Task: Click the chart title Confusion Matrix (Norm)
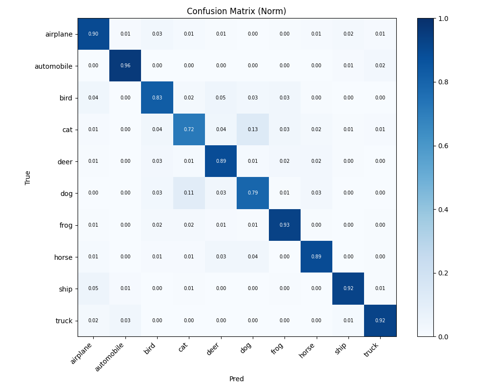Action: click(x=236, y=11)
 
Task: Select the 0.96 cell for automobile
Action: click(x=125, y=66)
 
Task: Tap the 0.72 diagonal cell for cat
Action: click(x=189, y=129)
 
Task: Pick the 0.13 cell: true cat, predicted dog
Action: click(x=253, y=129)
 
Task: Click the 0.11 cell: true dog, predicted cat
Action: click(x=189, y=193)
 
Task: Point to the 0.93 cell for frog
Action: click(x=285, y=225)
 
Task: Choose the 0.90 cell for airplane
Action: click(x=93, y=34)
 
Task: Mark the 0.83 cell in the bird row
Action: click(x=157, y=97)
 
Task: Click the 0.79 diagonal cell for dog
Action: click(x=253, y=193)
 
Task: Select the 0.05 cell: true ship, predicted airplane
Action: click(x=93, y=288)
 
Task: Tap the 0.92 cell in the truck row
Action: click(x=380, y=320)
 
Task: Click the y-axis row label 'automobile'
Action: click(x=54, y=66)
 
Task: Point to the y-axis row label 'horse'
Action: click(x=63, y=257)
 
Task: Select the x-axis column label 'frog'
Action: click(x=277, y=349)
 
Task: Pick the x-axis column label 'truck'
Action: click(x=371, y=350)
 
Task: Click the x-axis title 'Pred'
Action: click(x=237, y=379)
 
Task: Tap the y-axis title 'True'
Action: click(x=27, y=177)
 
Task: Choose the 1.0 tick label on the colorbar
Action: click(x=443, y=19)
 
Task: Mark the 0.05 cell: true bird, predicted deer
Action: click(x=221, y=97)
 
